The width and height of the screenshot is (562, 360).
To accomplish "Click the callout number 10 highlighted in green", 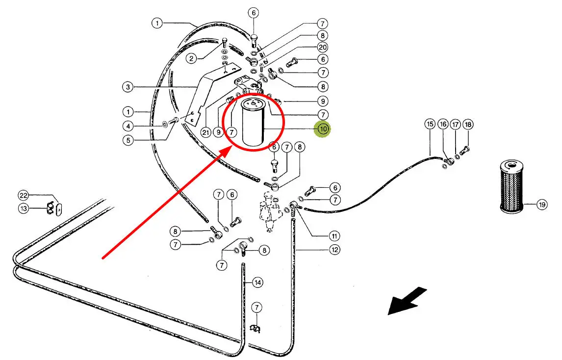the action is pyautogui.click(x=323, y=129).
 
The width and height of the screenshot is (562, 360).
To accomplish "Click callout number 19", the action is pyautogui.click(x=541, y=205).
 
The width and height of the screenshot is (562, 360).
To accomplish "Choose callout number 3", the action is pyautogui.click(x=128, y=87).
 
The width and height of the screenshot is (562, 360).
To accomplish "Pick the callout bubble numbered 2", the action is pyautogui.click(x=192, y=58).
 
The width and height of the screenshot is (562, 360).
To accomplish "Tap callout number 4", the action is pyautogui.click(x=128, y=126).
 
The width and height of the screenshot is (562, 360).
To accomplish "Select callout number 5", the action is pyautogui.click(x=128, y=140).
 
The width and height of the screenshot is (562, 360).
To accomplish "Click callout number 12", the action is pyautogui.click(x=334, y=250).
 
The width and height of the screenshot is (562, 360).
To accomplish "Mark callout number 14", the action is pyautogui.click(x=257, y=283).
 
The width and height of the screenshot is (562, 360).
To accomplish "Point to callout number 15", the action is pyautogui.click(x=430, y=124).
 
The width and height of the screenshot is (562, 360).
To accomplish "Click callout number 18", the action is pyautogui.click(x=468, y=124).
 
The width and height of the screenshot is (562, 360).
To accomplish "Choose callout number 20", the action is pyautogui.click(x=322, y=48).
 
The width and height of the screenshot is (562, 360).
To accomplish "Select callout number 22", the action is pyautogui.click(x=24, y=196).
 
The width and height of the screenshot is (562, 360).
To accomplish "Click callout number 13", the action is pyautogui.click(x=24, y=209).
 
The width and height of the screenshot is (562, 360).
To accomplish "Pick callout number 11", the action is pyautogui.click(x=334, y=235).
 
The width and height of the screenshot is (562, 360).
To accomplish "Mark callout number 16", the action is pyautogui.click(x=443, y=124).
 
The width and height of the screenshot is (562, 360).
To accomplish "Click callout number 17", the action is pyautogui.click(x=456, y=124).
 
